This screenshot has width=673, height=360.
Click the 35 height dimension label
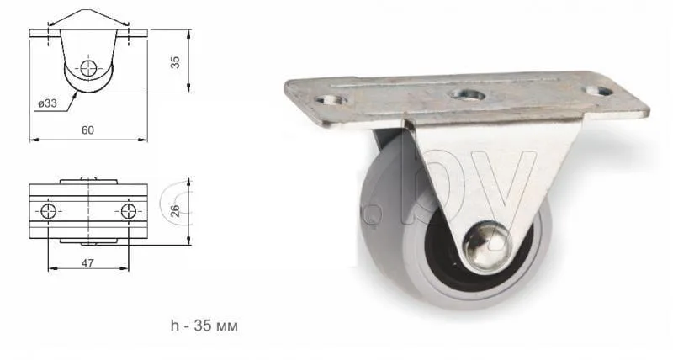pos(175,62)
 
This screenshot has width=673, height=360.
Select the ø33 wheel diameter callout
pos(47,103)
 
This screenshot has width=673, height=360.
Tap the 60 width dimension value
pos(87,130)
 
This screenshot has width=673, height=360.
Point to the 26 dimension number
pos(175,210)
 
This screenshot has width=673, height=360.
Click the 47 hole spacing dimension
pos(87,263)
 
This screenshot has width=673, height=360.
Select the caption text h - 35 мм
pos(204,326)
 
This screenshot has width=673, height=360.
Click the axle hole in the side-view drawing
pos(88,68)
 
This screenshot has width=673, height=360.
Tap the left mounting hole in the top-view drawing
pos(48,211)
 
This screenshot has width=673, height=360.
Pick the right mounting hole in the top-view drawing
pos(129,211)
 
